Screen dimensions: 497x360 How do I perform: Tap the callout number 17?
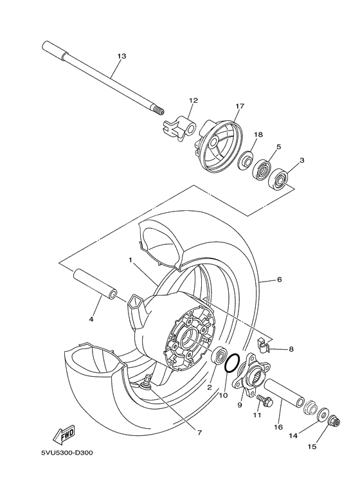tap(240, 107)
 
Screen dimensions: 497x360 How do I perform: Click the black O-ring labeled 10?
tap(233, 363)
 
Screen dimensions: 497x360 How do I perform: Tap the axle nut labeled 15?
tap(334, 422)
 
